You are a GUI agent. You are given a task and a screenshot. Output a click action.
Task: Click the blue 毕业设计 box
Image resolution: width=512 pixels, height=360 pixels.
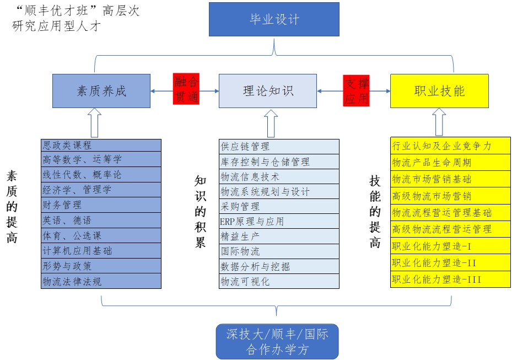tap(274, 20)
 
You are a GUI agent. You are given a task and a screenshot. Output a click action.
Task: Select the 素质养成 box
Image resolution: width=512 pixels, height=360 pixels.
tap(101, 91)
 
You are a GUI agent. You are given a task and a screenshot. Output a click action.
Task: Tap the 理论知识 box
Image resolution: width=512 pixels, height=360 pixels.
tap(268, 91)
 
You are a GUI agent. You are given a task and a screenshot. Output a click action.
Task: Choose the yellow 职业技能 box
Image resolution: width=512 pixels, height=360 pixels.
tap(439, 91)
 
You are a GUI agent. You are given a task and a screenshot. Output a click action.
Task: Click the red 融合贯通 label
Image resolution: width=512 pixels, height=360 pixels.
tap(186, 89)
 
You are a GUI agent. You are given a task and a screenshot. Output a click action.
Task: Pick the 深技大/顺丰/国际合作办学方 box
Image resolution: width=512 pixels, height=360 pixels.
tap(277, 341)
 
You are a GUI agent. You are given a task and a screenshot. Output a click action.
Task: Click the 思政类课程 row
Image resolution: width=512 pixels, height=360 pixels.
tap(101, 145)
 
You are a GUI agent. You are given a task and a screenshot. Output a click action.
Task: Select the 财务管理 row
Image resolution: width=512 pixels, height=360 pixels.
tap(101, 205)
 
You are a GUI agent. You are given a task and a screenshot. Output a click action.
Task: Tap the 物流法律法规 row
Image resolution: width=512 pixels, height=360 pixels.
tap(101, 281)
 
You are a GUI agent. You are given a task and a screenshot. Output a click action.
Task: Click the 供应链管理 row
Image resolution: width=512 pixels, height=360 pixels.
tap(279, 146)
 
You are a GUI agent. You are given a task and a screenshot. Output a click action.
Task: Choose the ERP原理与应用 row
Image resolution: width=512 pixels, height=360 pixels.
tap(279, 221)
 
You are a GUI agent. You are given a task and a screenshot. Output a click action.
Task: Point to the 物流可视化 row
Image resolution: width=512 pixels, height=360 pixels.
tap(279, 281)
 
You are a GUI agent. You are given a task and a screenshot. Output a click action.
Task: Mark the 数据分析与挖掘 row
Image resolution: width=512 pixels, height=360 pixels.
tap(279, 266)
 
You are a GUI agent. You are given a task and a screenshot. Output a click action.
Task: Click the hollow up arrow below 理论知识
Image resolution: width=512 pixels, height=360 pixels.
tap(270, 122)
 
